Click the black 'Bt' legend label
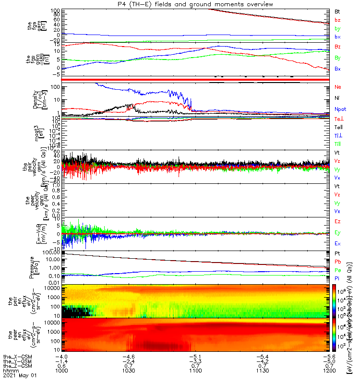pos(337,11)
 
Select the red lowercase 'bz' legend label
pos(337,20)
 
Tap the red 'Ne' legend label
pos(338,87)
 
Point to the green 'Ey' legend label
pos(338,233)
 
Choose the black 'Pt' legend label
pos(337,252)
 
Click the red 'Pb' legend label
pos(338,262)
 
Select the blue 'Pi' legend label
pos(337,279)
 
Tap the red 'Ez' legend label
pos(337,221)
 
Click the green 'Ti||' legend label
pos(338,144)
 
